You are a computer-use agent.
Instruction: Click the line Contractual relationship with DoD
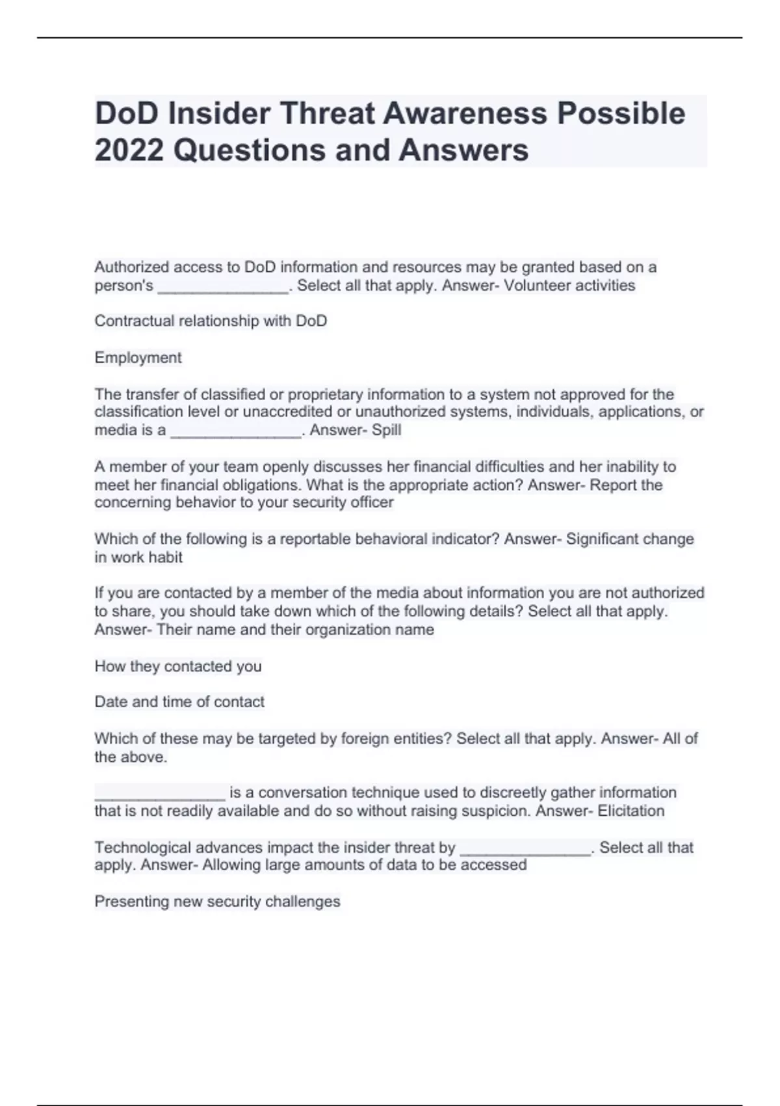click(211, 321)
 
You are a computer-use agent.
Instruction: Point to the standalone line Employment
click(138, 358)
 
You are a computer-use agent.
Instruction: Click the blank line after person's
click(223, 287)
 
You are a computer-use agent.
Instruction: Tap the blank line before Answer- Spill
click(236, 431)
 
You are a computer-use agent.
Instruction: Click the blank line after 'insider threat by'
click(525, 849)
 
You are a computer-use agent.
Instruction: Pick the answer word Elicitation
click(630, 811)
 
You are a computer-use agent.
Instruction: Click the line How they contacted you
click(178, 666)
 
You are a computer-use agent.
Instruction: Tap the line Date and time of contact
click(179, 702)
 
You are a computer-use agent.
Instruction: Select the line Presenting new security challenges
click(217, 902)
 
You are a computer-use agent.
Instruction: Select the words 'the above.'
click(131, 757)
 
